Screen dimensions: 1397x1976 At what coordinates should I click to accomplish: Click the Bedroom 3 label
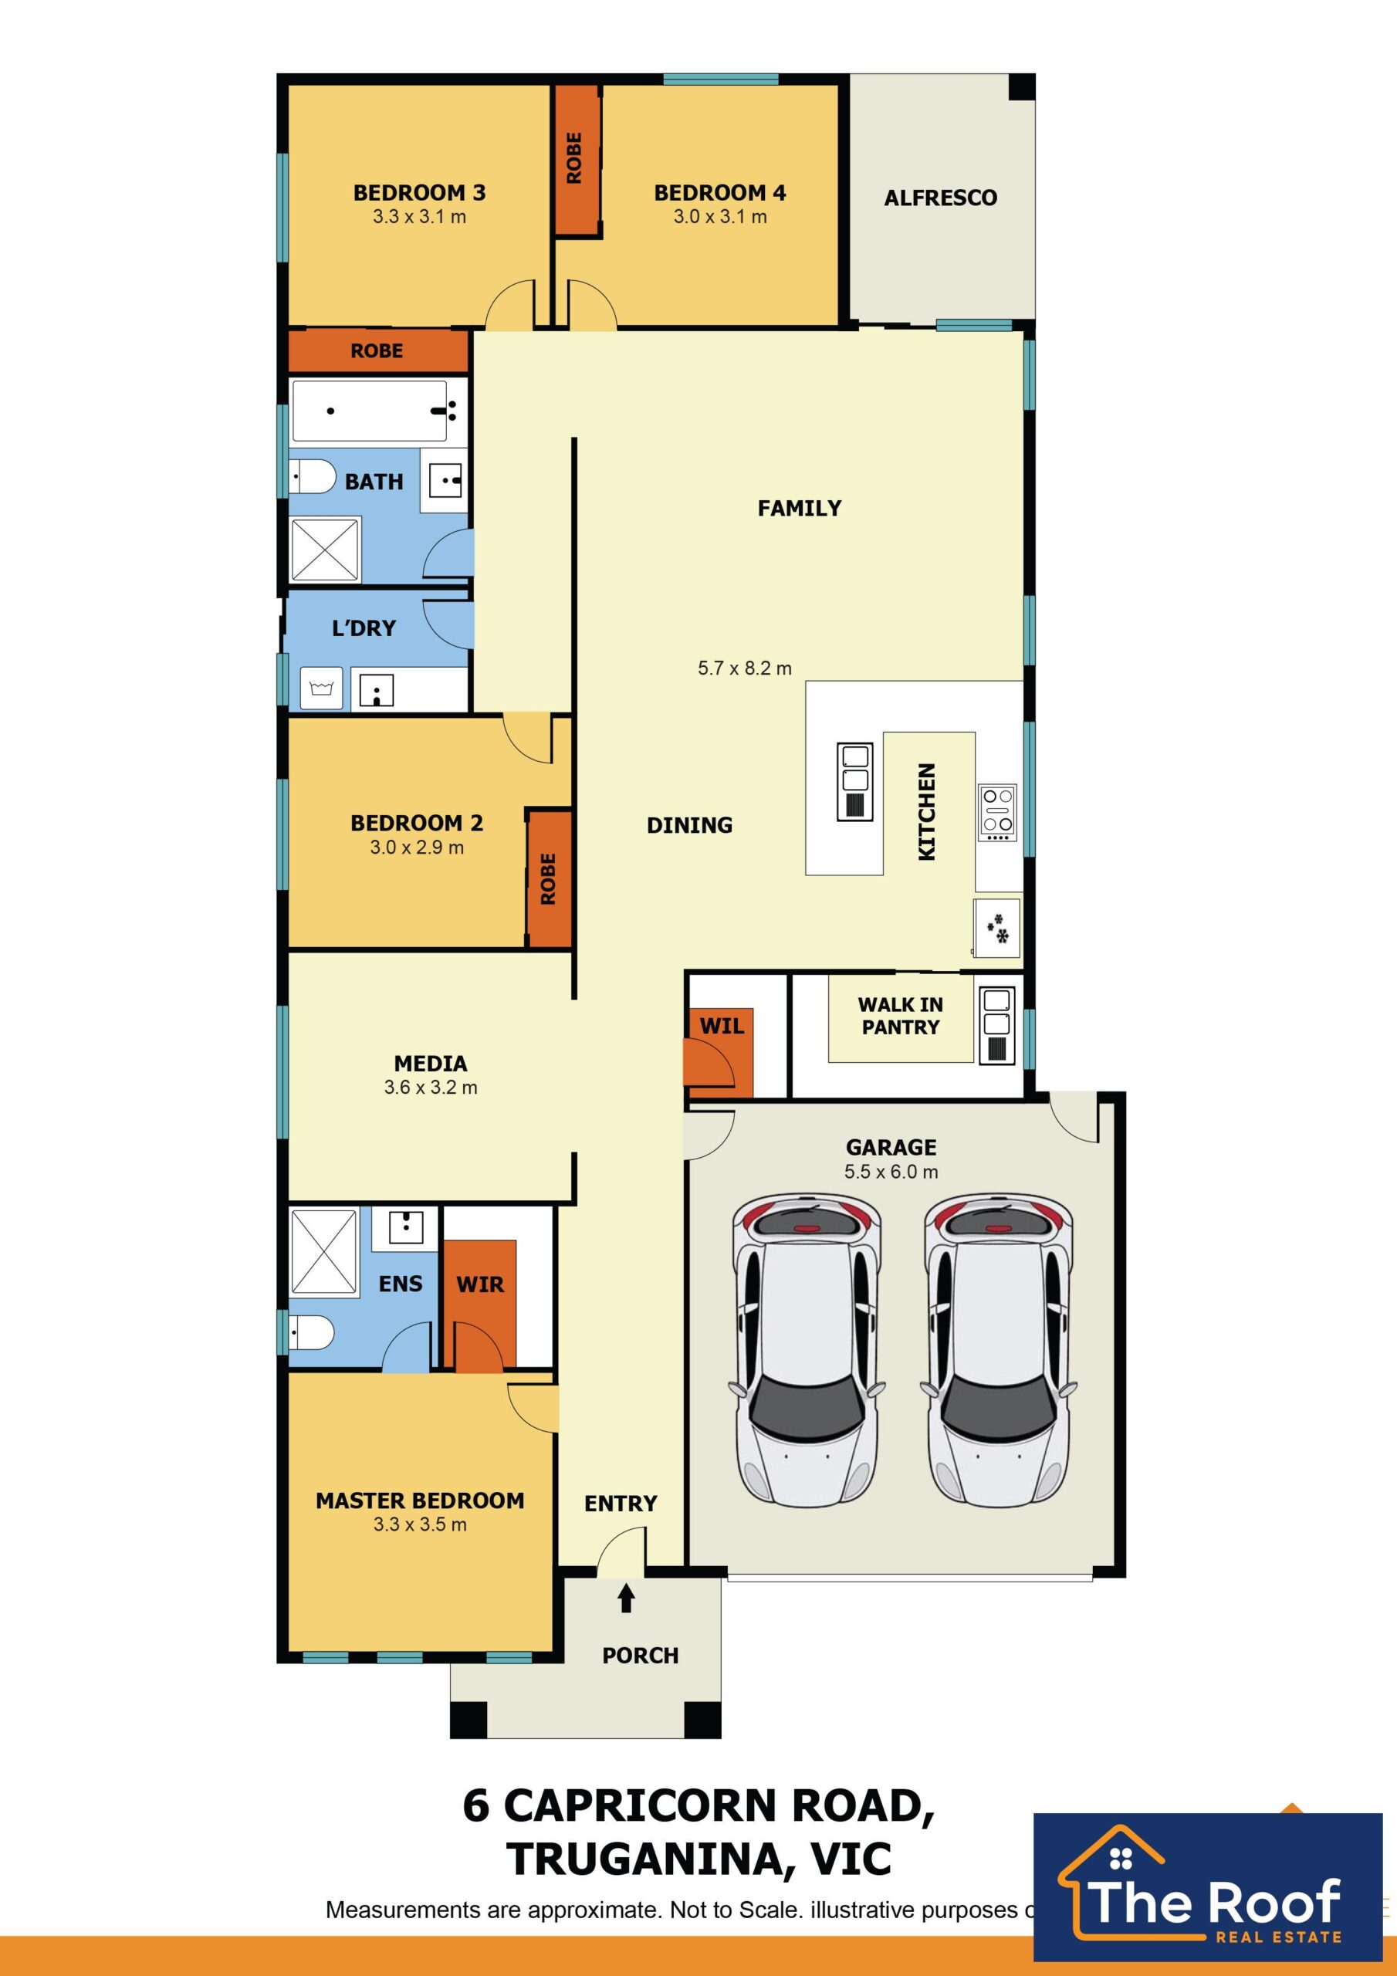pos(419,193)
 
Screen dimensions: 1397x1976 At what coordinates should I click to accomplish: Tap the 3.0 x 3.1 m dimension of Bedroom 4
pos(719,217)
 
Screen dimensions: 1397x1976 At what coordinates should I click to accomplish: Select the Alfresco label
pos(940,198)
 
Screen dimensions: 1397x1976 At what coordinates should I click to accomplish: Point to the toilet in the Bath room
pos(312,477)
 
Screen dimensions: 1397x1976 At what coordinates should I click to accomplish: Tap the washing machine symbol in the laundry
pos(321,689)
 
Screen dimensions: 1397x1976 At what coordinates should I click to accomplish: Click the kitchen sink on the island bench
pos(854,781)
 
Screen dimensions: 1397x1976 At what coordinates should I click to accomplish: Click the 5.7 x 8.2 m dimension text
pos(745,668)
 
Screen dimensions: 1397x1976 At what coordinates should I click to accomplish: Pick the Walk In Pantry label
pos(901,1016)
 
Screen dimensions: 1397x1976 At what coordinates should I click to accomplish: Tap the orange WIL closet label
pos(722,1026)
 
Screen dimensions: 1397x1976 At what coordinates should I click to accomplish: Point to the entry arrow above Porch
pos(627,1599)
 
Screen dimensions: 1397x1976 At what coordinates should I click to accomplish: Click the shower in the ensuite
pos(323,1251)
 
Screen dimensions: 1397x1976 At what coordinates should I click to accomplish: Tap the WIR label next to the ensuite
pos(479,1284)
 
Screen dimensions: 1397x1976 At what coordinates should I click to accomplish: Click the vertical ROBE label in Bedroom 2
pos(548,878)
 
